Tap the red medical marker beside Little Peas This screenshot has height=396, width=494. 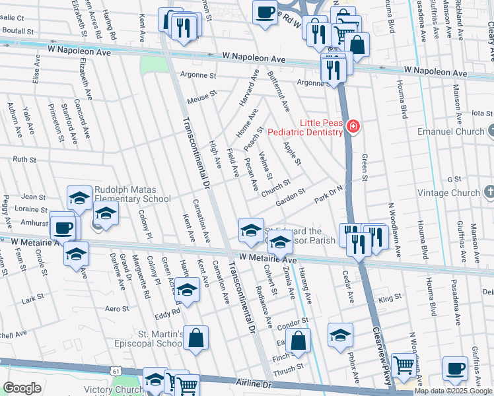coord(353,126)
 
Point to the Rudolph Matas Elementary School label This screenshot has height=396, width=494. coord(132,193)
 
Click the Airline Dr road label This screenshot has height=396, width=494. coord(254,383)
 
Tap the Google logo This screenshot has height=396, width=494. coord(22,388)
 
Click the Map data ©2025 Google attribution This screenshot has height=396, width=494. coord(454,391)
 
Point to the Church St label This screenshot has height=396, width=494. coord(275,187)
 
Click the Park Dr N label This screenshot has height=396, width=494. coord(328,194)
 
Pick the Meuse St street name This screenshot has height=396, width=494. coord(202,97)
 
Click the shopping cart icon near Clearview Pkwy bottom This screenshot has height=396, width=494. coord(403,364)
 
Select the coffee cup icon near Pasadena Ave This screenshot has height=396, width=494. coord(454,368)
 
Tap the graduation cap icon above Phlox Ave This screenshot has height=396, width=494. coord(340,335)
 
